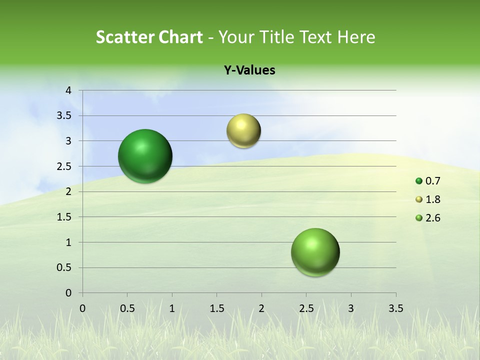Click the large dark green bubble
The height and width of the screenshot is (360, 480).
(x=145, y=156)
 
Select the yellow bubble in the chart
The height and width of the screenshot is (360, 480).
(x=243, y=131)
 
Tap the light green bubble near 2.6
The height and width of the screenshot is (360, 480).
(x=315, y=252)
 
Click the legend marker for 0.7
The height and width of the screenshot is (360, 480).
(x=419, y=181)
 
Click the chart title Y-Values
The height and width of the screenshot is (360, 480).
(x=249, y=70)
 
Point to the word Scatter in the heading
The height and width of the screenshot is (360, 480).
(x=124, y=37)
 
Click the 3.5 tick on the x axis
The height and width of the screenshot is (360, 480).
(x=396, y=308)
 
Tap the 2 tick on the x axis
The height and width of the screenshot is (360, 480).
(x=261, y=308)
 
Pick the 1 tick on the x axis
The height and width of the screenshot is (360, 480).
(x=172, y=308)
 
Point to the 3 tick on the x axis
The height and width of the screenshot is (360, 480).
(x=351, y=308)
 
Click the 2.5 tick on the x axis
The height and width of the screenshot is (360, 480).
(x=306, y=308)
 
